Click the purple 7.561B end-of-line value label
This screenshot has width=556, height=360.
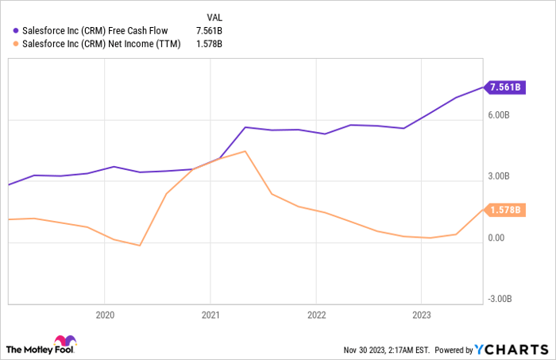click(504, 87)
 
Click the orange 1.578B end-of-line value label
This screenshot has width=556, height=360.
click(504, 210)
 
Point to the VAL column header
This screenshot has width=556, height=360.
click(214, 16)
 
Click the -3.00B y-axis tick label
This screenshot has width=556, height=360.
click(500, 298)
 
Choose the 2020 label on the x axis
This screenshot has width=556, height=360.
click(105, 315)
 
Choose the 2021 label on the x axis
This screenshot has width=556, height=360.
click(210, 315)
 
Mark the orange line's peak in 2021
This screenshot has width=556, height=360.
click(246, 151)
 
